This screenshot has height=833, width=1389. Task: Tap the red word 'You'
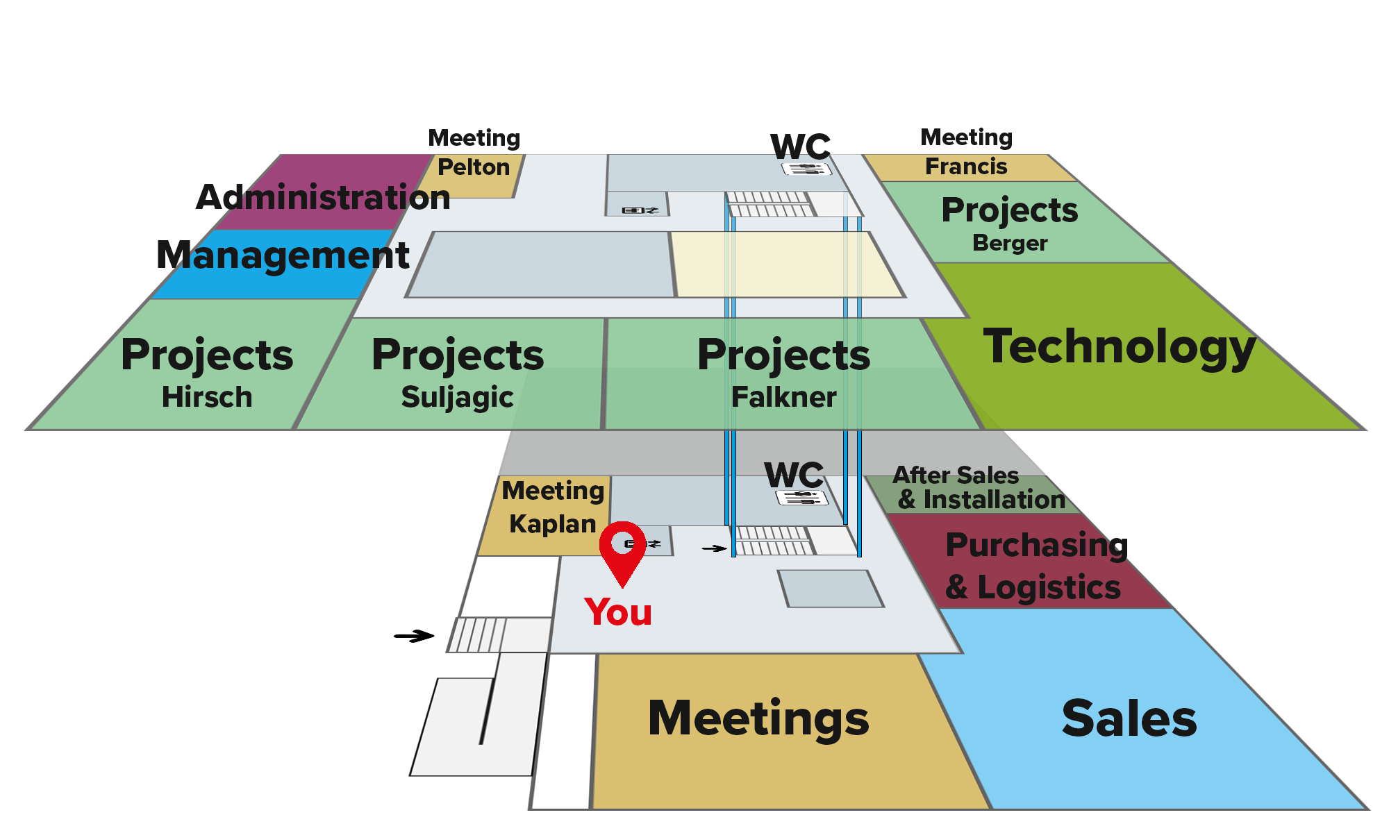pos(618,612)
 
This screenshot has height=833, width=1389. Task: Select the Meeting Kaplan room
pos(545,516)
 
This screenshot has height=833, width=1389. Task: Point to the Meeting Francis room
pos(969,167)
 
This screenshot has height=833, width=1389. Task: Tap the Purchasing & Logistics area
pos(1028,562)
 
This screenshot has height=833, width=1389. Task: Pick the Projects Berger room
pos(1021,222)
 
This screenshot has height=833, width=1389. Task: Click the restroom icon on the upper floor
pos(806,169)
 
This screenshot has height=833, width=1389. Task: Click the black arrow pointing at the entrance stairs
pos(414,636)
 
